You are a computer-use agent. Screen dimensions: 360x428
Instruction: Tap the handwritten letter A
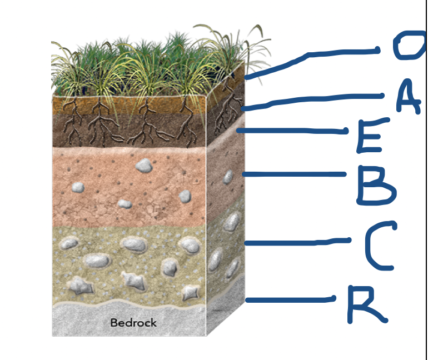pyautogui.click(x=408, y=97)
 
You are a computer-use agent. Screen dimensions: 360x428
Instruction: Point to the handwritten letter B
pyautogui.click(x=375, y=184)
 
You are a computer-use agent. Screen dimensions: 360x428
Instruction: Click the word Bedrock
pyautogui.click(x=133, y=323)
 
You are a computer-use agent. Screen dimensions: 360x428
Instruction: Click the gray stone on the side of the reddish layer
pyautogui.click(x=228, y=177)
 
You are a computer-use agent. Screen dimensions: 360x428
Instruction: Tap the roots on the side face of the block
pyautogui.click(x=227, y=109)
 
